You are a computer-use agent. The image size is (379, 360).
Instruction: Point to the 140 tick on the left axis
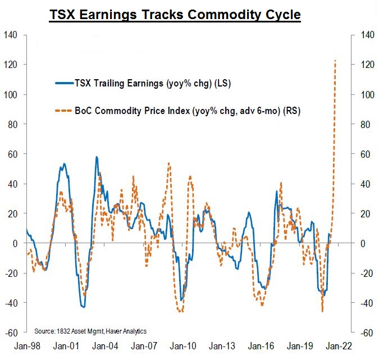coord(12,35)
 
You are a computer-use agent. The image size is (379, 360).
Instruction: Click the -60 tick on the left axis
coord(12,332)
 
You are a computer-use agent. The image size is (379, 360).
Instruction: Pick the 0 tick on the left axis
coord(15,243)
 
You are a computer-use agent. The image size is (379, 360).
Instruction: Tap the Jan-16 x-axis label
coord(262,347)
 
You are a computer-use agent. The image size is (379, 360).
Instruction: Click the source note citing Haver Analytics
coord(90,331)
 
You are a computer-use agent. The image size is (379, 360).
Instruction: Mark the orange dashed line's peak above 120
coord(335,61)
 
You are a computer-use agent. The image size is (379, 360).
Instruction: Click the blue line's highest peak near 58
coord(97,157)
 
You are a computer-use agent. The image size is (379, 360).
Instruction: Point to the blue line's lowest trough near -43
coord(83,307)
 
